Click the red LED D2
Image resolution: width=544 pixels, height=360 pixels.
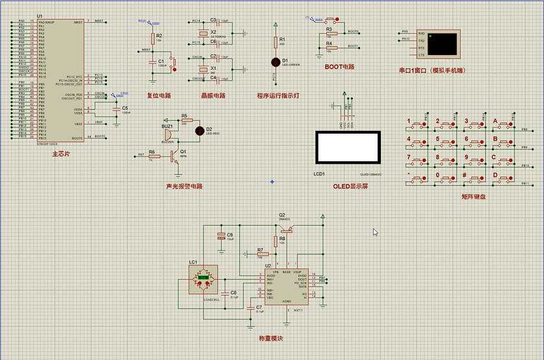199,129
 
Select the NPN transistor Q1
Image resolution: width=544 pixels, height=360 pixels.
174,155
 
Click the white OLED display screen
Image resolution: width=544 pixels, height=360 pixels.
347,148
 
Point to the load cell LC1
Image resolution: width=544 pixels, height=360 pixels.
203,279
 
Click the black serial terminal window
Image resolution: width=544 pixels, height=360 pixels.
442,43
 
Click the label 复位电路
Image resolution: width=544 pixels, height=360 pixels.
159,96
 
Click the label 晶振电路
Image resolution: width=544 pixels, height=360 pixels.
212,96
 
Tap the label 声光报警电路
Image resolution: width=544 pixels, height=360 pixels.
184,186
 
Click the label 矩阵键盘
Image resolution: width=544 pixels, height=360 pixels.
473,196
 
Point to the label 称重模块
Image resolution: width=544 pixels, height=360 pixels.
271,338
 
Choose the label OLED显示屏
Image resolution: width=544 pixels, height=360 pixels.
350,186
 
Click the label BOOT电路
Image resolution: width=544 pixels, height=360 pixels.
339,67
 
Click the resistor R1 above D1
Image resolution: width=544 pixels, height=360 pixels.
275,43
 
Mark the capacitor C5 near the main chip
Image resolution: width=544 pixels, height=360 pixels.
117,108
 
